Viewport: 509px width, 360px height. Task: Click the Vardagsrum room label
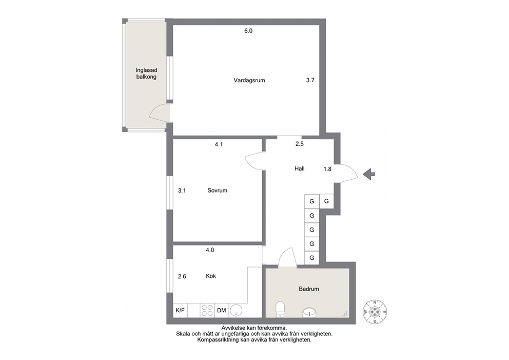[249, 80]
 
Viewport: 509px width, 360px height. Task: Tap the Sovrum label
[217, 191]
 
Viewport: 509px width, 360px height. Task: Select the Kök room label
[211, 276]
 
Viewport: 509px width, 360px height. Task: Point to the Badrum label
[309, 289]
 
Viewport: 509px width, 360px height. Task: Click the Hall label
[299, 168]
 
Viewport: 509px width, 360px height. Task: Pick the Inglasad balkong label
[146, 73]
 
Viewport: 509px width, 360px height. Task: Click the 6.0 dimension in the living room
[248, 31]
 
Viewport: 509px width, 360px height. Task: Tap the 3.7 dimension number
[310, 80]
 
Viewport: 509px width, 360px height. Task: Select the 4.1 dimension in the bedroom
[219, 144]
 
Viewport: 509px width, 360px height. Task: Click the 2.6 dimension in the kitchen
[182, 276]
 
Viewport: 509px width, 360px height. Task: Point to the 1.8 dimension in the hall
[327, 169]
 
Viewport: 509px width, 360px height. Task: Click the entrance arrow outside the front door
[369, 174]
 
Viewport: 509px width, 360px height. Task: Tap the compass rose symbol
[375, 312]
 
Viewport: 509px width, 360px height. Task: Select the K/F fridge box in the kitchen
[180, 310]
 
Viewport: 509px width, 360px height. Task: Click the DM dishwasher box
[221, 310]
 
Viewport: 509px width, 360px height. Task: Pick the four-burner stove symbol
[207, 310]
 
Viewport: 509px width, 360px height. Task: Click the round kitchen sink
[236, 310]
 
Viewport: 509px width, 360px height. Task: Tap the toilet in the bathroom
[280, 309]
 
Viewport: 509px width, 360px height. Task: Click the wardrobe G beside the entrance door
[326, 201]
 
